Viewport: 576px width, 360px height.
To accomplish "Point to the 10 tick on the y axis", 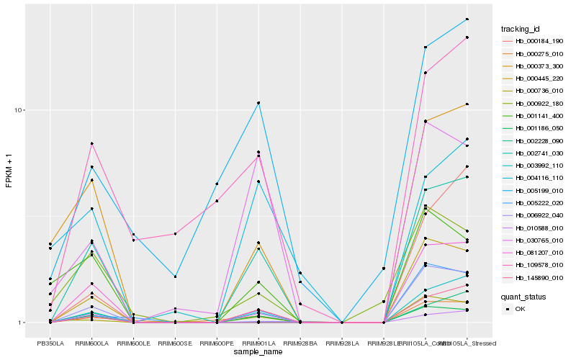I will click(20, 110).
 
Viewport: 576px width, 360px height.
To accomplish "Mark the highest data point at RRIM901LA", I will click(258, 103).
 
